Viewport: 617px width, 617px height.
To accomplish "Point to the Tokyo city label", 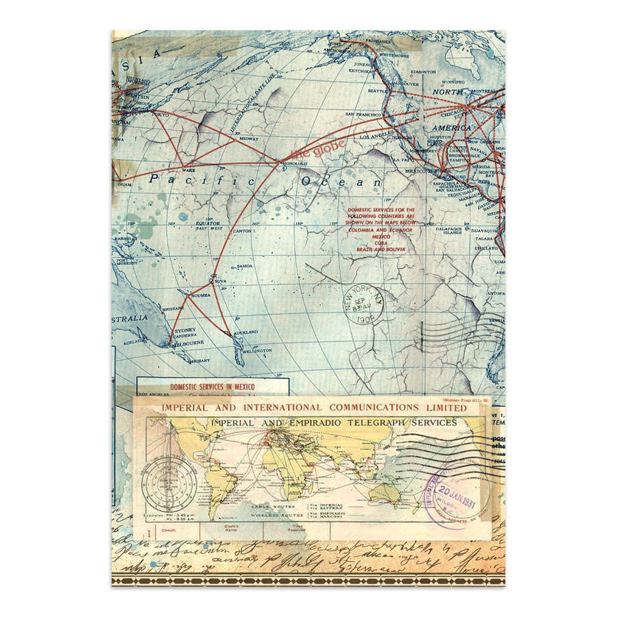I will point(162,114).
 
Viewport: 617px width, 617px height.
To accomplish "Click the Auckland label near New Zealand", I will point(246,332).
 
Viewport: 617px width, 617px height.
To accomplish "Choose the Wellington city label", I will point(257,350).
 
